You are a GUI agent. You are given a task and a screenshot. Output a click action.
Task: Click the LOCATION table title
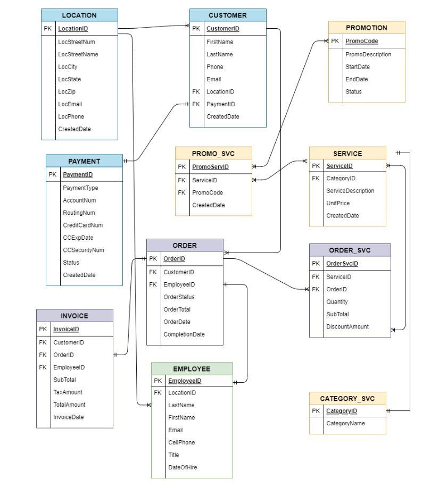(x=79, y=15)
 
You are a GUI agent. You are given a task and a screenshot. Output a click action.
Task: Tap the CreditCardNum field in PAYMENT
(x=82, y=225)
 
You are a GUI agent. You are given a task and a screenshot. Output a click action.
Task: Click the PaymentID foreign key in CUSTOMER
(x=220, y=104)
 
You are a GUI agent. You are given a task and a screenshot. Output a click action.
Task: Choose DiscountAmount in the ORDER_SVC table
(x=347, y=326)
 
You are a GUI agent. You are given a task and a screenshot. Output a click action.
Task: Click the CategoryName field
(x=345, y=423)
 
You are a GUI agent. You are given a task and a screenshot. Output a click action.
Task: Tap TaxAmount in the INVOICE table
(x=68, y=392)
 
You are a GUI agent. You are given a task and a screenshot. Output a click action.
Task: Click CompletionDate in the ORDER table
(x=184, y=334)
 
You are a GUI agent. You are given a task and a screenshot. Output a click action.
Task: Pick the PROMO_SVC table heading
(x=213, y=154)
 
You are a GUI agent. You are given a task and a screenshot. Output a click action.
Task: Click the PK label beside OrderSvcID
(x=316, y=264)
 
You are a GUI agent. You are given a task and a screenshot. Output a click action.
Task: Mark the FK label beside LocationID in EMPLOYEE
(x=158, y=393)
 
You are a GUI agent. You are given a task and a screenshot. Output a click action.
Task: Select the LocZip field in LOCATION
(x=67, y=91)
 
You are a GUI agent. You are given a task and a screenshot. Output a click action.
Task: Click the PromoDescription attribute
(x=368, y=54)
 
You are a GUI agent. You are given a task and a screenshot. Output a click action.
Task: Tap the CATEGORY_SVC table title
(x=347, y=398)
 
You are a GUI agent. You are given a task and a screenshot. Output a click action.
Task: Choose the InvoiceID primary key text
(x=66, y=329)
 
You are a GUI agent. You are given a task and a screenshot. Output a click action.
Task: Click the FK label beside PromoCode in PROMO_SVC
(x=181, y=192)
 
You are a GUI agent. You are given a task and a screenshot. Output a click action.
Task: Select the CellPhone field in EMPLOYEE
(x=181, y=442)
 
